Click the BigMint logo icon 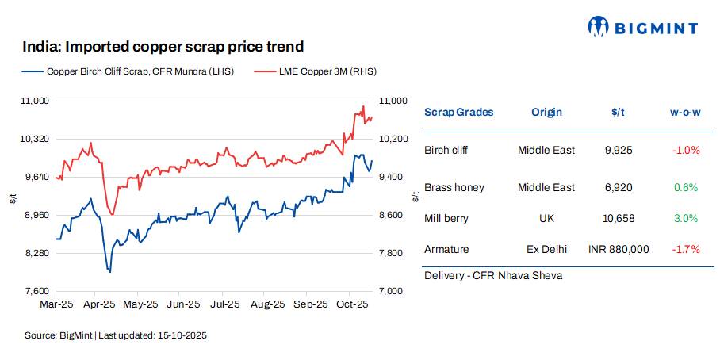point(597,27)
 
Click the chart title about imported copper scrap point(163,48)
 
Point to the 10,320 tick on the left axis point(35,139)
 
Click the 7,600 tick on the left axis point(37,291)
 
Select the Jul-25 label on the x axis point(225,304)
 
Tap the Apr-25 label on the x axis point(99,304)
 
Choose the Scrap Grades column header point(458,112)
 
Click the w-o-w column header point(685,112)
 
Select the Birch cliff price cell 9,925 point(618,150)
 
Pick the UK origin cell point(546,218)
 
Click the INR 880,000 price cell point(619,249)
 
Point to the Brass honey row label point(454,187)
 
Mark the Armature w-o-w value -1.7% point(685,249)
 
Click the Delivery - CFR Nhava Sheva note point(492,275)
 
